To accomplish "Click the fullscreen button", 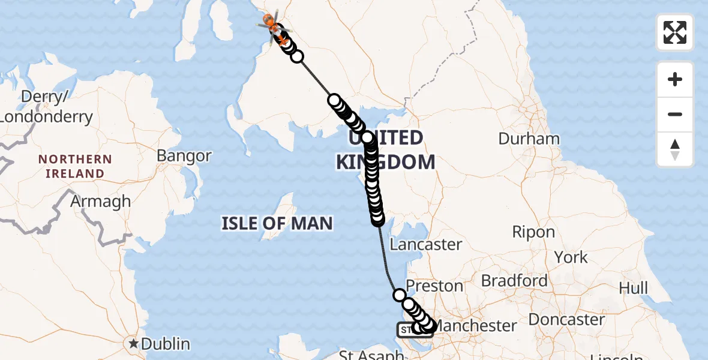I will pos(675,32).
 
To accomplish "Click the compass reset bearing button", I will pos(675,149).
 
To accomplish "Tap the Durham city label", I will pos(529,139).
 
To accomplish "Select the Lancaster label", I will pos(426,244).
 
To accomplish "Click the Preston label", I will pos(435,286).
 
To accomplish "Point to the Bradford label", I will pos(514,280).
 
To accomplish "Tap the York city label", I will pos(571,257).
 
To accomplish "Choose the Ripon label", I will pos(533,232).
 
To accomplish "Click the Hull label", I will pos(633,288).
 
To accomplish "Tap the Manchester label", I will pos(475,326).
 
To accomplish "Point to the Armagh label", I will pos(100,201).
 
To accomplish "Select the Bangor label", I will pos(184,156).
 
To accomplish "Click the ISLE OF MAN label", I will pos(277,224).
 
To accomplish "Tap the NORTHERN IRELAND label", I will pos(75,166).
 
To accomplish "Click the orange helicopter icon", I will pos(275,28).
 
